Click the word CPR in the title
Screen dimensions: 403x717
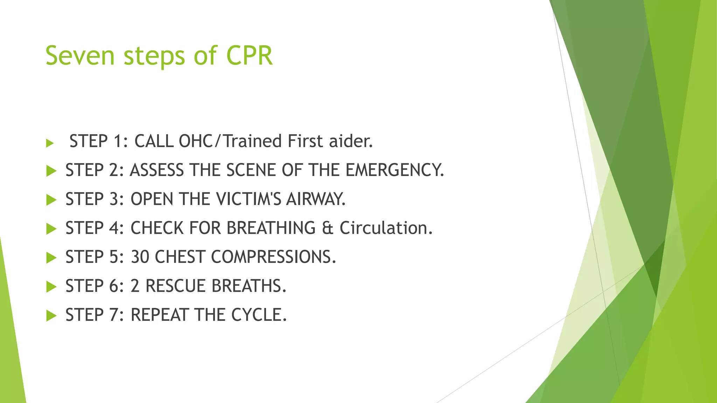[249, 56]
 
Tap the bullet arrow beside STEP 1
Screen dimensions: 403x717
[50, 143]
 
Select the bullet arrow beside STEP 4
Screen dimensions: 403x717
[51, 229]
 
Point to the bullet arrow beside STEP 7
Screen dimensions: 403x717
[51, 316]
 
